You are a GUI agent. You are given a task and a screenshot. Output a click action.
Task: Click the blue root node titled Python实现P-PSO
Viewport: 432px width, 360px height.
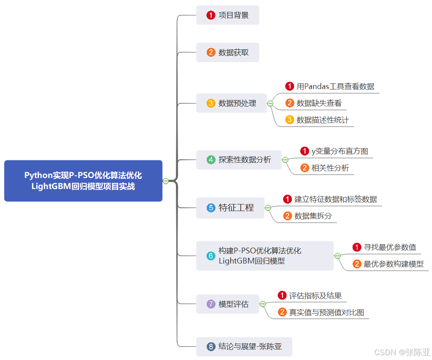click(x=83, y=181)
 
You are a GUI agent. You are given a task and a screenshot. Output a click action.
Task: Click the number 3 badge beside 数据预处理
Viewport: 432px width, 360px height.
click(x=211, y=103)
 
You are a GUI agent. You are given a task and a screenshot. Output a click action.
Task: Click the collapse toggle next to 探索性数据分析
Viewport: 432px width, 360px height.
click(x=285, y=160)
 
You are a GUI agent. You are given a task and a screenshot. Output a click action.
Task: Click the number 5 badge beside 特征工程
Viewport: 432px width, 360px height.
click(x=211, y=208)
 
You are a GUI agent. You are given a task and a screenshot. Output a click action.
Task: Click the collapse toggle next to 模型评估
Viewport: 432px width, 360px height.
click(x=263, y=304)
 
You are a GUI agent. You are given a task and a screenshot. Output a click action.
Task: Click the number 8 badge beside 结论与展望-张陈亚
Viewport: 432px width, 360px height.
click(x=211, y=347)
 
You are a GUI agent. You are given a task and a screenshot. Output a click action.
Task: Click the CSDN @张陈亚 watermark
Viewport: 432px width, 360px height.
click(x=402, y=352)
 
